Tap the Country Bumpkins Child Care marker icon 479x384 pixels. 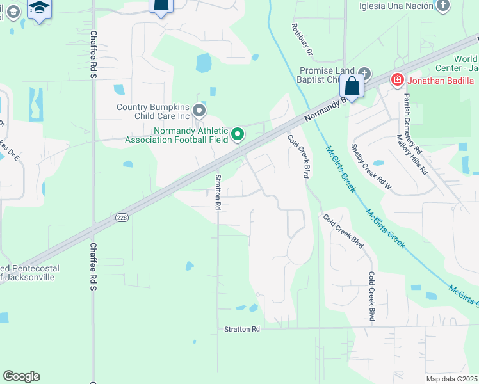199,112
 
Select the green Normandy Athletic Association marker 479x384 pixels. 238,134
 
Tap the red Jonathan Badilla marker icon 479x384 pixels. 397,80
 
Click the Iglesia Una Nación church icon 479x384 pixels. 442,6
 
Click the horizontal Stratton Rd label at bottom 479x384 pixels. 242,329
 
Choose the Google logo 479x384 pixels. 21,376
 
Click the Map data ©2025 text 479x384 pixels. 451,379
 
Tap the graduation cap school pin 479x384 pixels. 40,8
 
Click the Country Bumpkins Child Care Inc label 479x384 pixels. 153,112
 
